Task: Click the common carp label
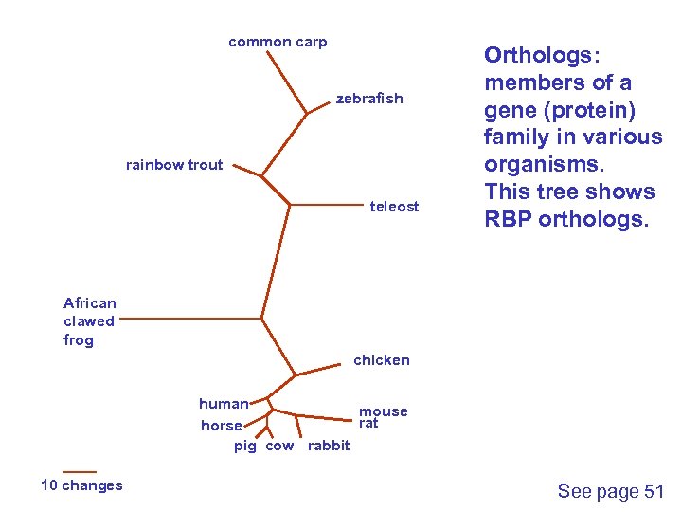click(x=278, y=42)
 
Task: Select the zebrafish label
click(x=369, y=99)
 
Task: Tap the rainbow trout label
click(x=174, y=165)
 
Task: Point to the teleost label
click(x=394, y=207)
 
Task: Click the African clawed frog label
click(x=90, y=321)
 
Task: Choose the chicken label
click(x=382, y=360)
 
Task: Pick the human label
click(x=224, y=404)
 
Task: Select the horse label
click(x=222, y=426)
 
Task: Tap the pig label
click(x=245, y=446)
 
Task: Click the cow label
click(x=279, y=446)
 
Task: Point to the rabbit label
click(x=329, y=446)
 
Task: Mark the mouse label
click(x=383, y=411)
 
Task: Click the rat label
click(x=368, y=423)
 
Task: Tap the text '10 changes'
click(x=81, y=485)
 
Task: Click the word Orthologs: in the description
click(x=544, y=55)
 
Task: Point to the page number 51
click(x=655, y=491)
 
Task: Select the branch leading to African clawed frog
click(x=189, y=320)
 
